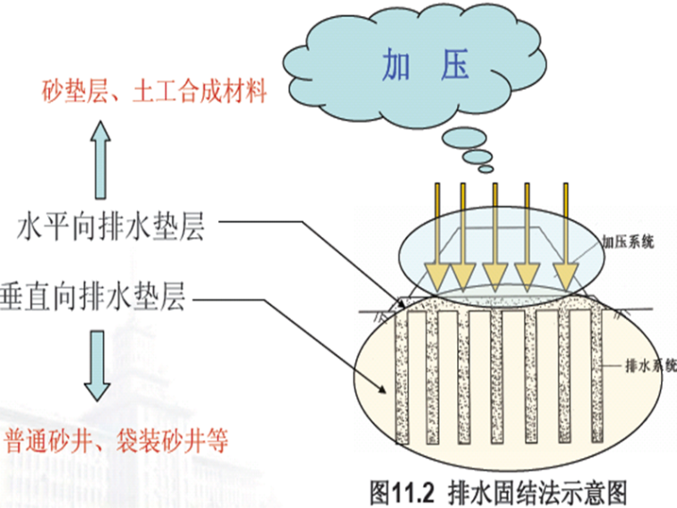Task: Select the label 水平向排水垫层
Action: point(111,228)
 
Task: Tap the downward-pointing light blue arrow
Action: point(97,368)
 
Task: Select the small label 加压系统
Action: point(629,242)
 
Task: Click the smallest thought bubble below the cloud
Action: point(485,168)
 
